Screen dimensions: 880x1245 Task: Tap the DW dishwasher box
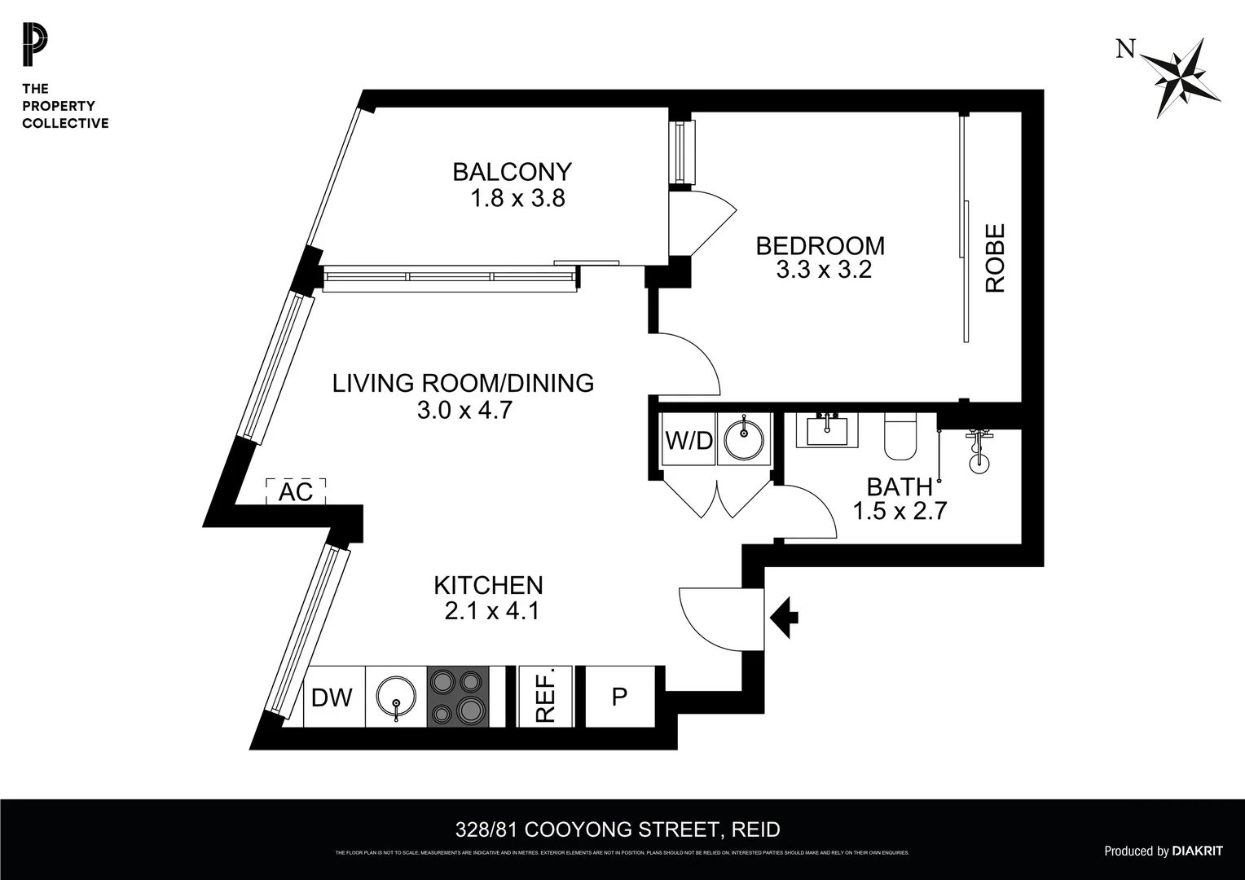333,697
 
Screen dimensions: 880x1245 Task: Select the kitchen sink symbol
396,697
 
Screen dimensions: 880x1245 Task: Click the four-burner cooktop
458,697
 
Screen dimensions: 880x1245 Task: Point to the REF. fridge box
545,697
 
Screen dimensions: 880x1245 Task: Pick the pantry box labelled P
620,697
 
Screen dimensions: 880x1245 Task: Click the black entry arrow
784,616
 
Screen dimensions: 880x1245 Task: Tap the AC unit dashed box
296,491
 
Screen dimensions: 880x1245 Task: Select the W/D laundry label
688,441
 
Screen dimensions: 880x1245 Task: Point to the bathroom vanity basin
827,429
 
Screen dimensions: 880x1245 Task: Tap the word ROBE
996,258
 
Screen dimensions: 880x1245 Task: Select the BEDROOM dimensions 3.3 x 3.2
824,271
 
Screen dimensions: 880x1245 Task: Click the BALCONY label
512,172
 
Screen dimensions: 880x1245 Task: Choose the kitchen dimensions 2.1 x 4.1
491,611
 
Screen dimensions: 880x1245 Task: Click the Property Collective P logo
35,46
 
